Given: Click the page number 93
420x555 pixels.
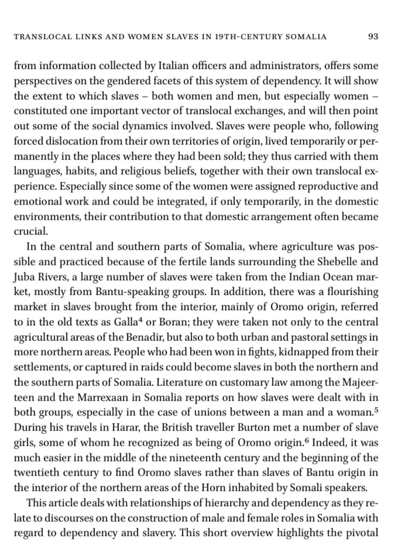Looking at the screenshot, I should coord(373,37).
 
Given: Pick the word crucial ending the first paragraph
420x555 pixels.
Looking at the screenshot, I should coord(31,232).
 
